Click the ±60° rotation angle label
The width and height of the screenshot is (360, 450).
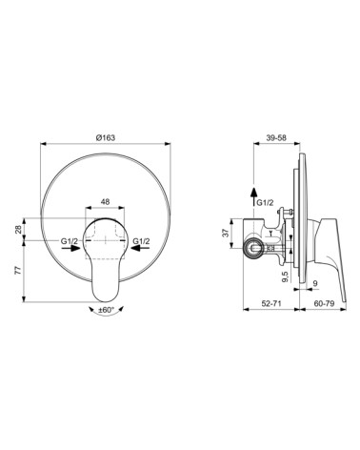coord(107,311)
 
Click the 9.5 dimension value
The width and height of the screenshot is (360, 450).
coord(287,277)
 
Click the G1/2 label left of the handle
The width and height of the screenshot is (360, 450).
coord(70,243)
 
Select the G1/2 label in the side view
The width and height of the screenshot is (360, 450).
coord(266,203)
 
